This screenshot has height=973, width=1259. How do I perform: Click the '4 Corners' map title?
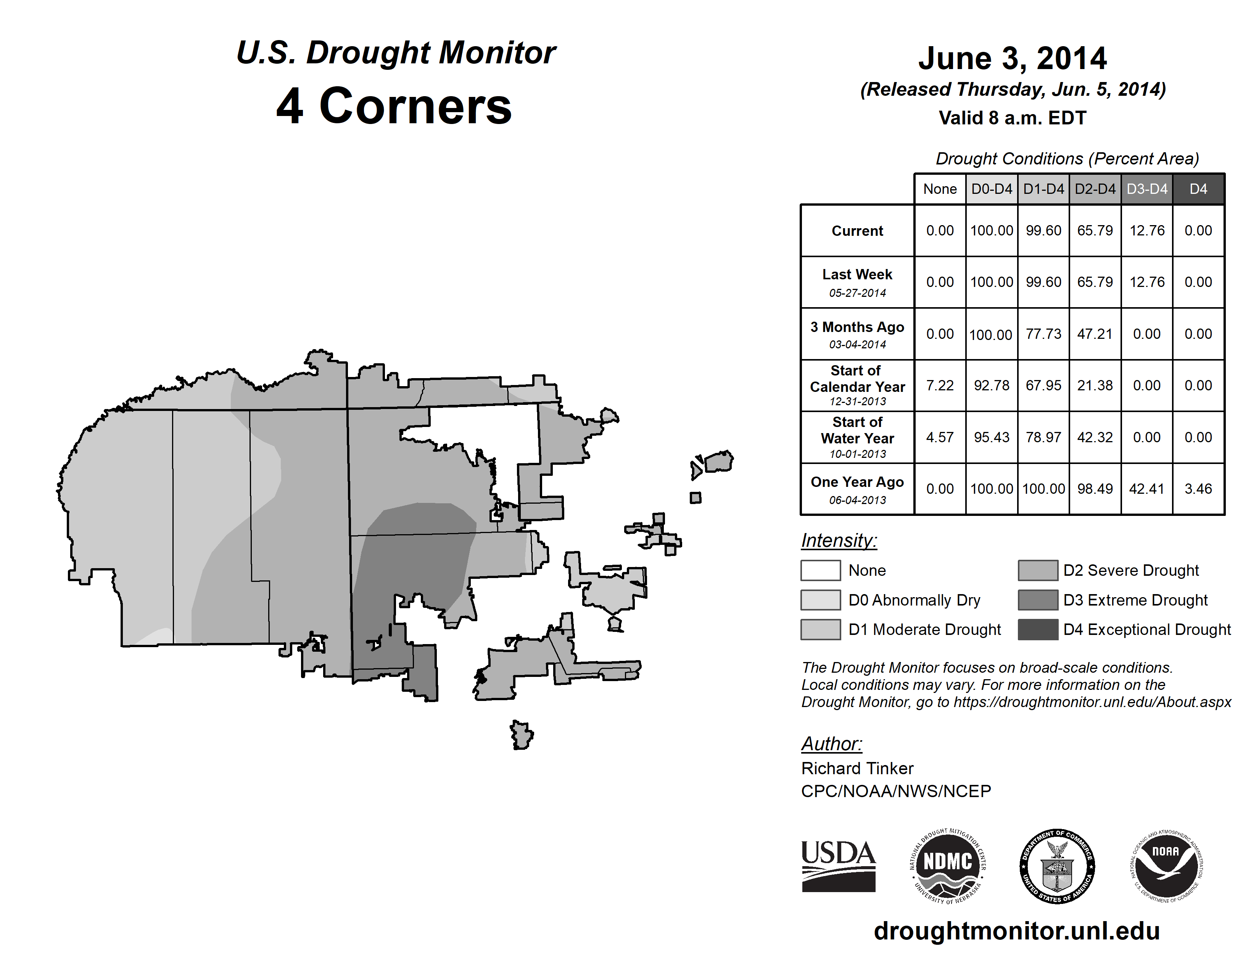(x=394, y=106)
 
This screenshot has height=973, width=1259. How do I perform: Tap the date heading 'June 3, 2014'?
(x=1012, y=59)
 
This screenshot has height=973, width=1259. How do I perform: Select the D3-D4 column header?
(x=1146, y=189)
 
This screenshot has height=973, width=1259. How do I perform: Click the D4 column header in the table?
(x=1198, y=189)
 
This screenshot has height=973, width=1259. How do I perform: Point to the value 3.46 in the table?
(x=1198, y=489)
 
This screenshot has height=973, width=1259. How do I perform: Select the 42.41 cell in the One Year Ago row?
(x=1146, y=489)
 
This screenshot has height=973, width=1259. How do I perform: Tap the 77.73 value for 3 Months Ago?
(x=1043, y=334)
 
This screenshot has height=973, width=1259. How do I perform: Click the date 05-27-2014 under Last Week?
(x=857, y=293)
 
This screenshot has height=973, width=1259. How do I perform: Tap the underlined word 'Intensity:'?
(x=839, y=541)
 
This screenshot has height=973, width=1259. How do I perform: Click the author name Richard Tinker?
(x=857, y=768)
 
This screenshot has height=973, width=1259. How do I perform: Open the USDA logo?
(x=838, y=866)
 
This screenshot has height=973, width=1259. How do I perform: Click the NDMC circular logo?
(x=948, y=866)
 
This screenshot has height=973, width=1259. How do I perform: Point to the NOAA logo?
(x=1166, y=866)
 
